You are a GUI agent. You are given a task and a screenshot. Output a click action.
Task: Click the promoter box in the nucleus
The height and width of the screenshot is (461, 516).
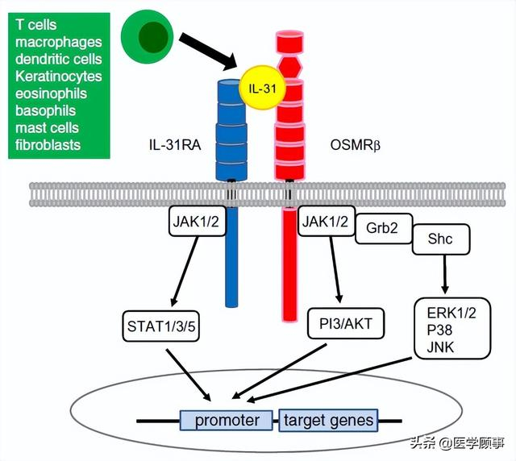[227, 420]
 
